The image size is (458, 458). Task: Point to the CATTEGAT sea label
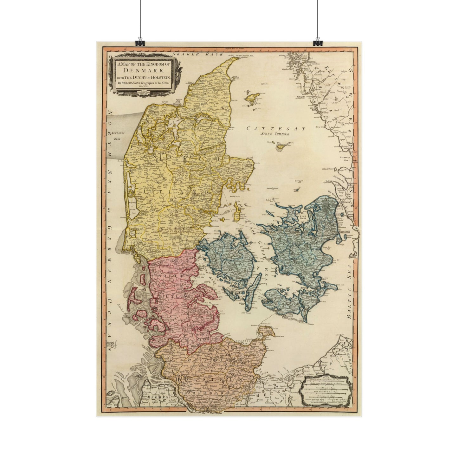[x=276, y=129]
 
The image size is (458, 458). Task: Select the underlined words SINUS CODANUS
[x=275, y=134]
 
